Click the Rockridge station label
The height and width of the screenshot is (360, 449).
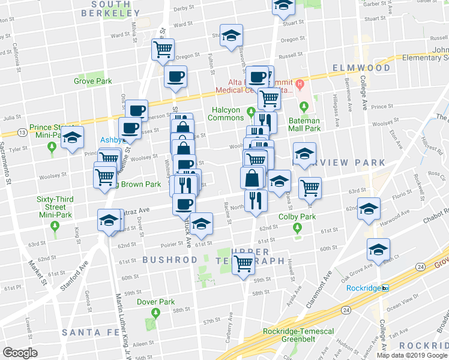(x=364, y=288)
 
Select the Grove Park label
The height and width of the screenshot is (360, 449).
(x=93, y=81)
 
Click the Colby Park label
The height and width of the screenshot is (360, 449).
(x=297, y=217)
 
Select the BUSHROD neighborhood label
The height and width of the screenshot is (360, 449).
(x=170, y=260)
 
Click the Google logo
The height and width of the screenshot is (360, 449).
(x=20, y=352)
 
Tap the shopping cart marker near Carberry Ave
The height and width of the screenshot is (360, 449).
(x=244, y=263)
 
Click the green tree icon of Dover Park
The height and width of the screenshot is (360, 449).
(x=155, y=313)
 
